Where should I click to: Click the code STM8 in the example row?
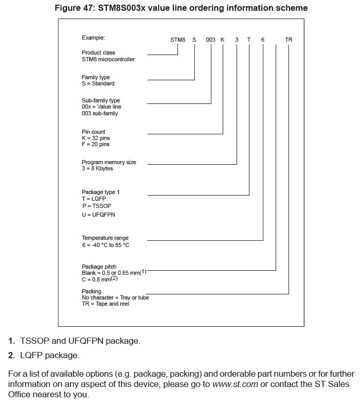pyautogui.click(x=177, y=40)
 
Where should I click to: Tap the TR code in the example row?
pyautogui.click(x=289, y=40)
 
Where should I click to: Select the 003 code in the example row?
pyautogui.click(x=210, y=40)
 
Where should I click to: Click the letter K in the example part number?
pyautogui.click(x=223, y=40)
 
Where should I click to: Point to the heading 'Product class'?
pyautogui.click(x=98, y=52)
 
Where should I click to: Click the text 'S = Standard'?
pyautogui.click(x=98, y=83)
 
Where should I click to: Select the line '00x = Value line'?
pyautogui.click(x=101, y=107)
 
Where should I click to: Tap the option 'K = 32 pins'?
pyautogui.click(x=96, y=138)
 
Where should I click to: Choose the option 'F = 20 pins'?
pyautogui.click(x=96, y=145)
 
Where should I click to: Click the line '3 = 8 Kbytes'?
pyautogui.click(x=97, y=168)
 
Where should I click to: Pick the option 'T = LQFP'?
pyautogui.click(x=94, y=199)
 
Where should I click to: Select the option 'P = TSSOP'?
pyautogui.click(x=96, y=206)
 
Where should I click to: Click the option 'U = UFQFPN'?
pyautogui.click(x=98, y=214)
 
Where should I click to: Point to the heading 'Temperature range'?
pyautogui.click(x=105, y=238)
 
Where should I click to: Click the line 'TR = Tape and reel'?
pyautogui.click(x=105, y=304)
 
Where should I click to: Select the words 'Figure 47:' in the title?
pyautogui.click(x=74, y=8)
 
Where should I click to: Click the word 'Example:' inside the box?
pyautogui.click(x=93, y=38)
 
